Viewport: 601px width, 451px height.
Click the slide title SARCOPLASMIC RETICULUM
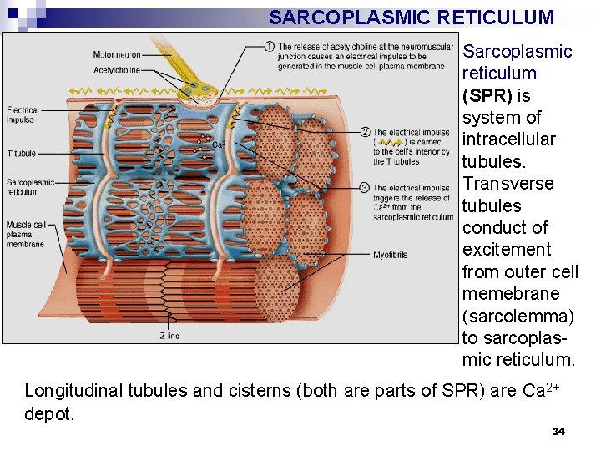[x=412, y=18]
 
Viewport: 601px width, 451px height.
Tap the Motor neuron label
[x=116, y=54]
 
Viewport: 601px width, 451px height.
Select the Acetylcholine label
[x=116, y=70]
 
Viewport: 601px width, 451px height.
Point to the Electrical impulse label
[x=23, y=114]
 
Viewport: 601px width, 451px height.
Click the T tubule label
[x=21, y=154]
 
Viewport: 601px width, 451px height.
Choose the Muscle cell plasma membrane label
[x=25, y=234]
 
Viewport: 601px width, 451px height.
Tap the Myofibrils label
[x=390, y=255]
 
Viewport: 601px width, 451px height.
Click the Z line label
[x=169, y=336]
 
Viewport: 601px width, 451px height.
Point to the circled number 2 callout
[x=366, y=132]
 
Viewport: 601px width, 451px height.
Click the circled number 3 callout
[x=366, y=188]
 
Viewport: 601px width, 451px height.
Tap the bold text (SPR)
[x=488, y=96]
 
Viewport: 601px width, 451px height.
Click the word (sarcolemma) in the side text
[x=518, y=317]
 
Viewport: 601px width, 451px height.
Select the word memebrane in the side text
[x=510, y=294]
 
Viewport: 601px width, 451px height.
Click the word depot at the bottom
[x=49, y=414]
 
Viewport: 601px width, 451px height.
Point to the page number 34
[x=558, y=431]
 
